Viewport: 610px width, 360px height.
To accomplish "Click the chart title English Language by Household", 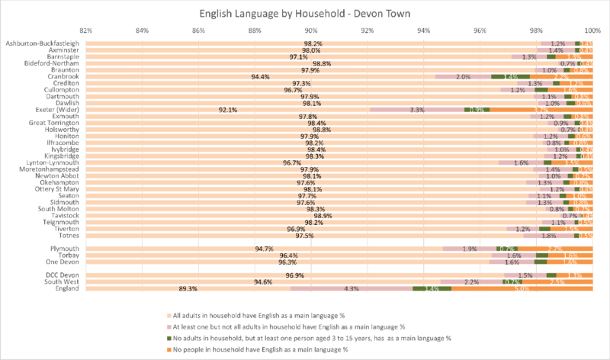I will coord(305,14).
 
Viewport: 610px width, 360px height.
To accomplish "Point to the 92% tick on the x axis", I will coord(368,31).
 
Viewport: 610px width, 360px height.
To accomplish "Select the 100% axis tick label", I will coord(592,31).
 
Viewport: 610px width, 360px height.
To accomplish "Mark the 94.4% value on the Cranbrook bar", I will coord(261,76).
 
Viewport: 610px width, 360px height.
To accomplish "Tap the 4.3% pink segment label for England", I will coord(352,289).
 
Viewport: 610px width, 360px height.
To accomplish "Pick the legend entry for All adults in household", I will coord(259,315).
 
